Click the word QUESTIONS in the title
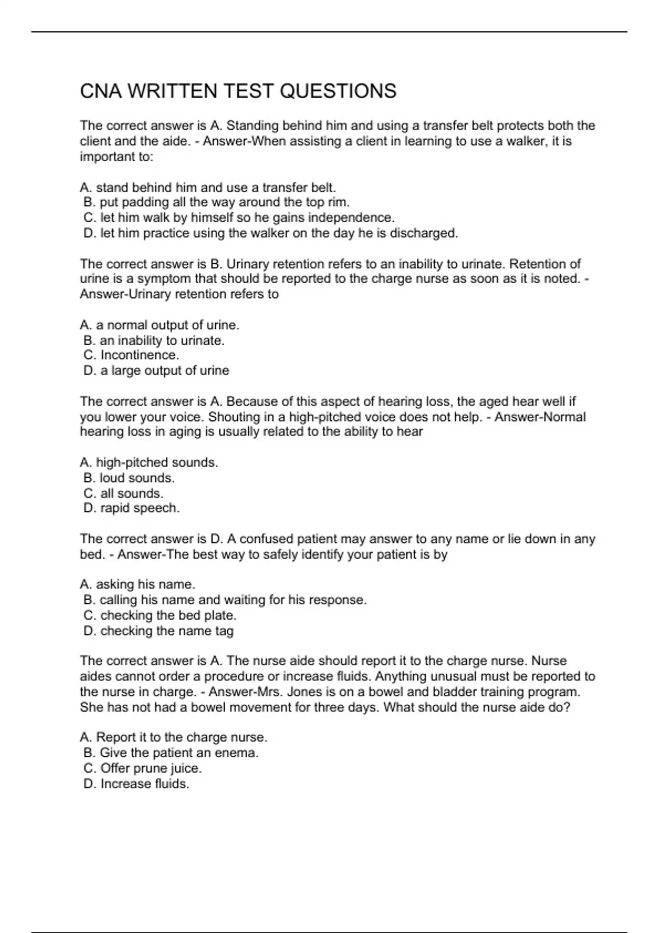[338, 91]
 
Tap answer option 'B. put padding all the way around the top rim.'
[216, 203]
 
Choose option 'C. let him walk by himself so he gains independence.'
[239, 218]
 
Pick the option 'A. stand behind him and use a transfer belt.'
[208, 188]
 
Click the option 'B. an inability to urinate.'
[154, 341]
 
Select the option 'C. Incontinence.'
[131, 356]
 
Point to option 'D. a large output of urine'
[156, 371]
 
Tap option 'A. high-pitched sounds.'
[149, 463]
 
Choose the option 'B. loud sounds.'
[129, 478]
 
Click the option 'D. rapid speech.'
[131, 508]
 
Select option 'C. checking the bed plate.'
[160, 616]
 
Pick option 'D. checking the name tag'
[158, 631]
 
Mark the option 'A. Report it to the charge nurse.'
[174, 737]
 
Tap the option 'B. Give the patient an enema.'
[171, 753]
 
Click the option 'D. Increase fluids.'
[136, 784]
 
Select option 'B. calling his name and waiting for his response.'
[225, 600]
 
